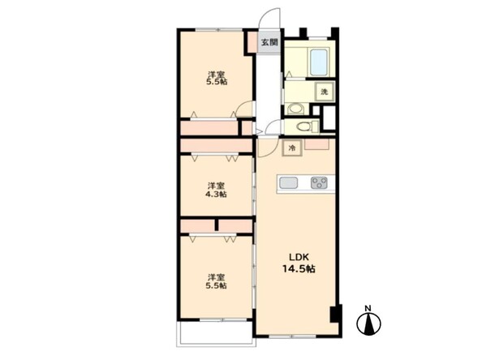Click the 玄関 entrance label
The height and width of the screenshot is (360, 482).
point(269,42)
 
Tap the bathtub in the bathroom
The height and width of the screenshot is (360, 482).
point(318,62)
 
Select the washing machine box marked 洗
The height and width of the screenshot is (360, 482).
point(325,92)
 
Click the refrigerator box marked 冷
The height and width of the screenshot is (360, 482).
point(292,148)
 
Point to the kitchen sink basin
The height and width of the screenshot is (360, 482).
point(288,183)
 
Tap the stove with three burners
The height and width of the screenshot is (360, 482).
point(319,183)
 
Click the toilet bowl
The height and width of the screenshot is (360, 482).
point(303,126)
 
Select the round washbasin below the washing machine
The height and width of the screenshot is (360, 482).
point(296,109)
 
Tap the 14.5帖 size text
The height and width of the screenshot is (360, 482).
point(299,269)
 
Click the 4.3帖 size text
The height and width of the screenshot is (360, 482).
point(216,194)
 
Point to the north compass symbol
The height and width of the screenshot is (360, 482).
point(368,324)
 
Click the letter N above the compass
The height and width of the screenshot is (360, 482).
point(368,308)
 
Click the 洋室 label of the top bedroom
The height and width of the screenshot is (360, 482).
point(216,75)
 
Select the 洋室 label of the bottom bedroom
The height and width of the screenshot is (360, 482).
point(216,277)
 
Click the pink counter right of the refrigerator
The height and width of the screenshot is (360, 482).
point(316,144)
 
